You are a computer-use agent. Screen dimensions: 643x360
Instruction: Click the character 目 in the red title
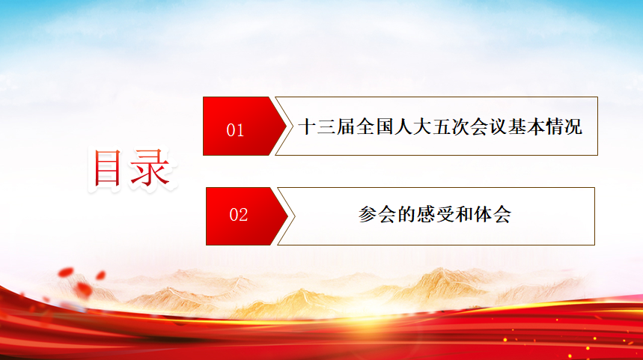coord(108,168)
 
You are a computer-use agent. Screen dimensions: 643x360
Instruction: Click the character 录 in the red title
coord(150,168)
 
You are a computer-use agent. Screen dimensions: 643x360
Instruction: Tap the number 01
coord(235,130)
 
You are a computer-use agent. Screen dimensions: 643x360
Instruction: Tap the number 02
coord(238,215)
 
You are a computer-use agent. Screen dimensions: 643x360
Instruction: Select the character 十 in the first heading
coord(308,126)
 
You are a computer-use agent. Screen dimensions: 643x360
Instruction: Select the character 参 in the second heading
coord(368,214)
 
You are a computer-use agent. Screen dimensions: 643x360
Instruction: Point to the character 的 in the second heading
coord(406,214)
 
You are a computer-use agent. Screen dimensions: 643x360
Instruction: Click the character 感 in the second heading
coord(425,214)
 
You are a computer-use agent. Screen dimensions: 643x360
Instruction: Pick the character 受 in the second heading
coord(445,214)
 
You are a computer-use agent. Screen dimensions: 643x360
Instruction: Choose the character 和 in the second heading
coord(464,214)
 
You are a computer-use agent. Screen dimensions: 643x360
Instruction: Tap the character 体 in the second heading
coord(483,214)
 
